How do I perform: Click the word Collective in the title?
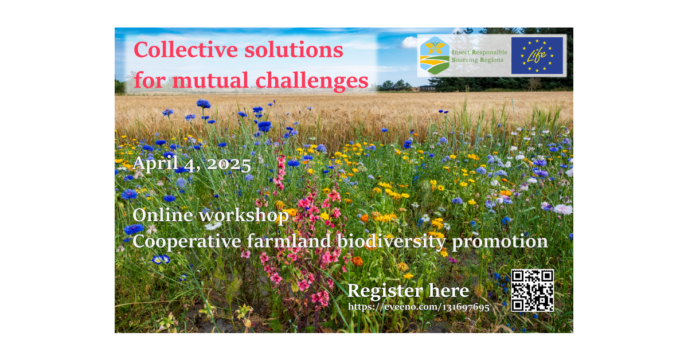coord(186,50)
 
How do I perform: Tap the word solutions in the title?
coord(294,50)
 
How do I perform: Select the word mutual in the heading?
coord(210,80)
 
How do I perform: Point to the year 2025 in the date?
coord(229,165)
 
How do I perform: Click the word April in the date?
coord(155,163)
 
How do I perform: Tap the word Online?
coord(162,215)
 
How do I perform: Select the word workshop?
coord(244,216)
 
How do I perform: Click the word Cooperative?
coord(187,242)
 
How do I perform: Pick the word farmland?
coord(289,241)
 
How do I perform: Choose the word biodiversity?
coord(391,242)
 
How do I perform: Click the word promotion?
coord(500,242)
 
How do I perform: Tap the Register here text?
coord(408,291)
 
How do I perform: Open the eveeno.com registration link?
coord(419,307)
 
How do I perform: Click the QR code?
coord(533,291)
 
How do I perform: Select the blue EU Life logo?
coord(537,56)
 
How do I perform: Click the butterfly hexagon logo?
coord(435,56)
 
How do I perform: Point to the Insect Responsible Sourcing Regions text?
coord(479,56)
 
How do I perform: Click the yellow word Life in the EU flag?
coord(536,55)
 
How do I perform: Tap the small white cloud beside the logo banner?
coord(409,42)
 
